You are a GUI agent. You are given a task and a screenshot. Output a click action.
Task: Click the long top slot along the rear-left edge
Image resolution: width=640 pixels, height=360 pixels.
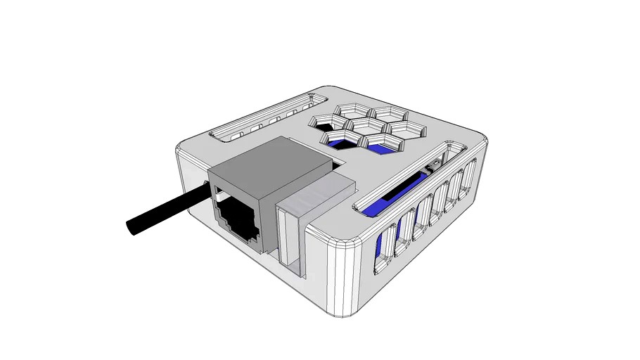coord(260,122)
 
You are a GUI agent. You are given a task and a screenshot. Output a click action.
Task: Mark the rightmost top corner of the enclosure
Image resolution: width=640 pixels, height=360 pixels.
coord(481,141)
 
